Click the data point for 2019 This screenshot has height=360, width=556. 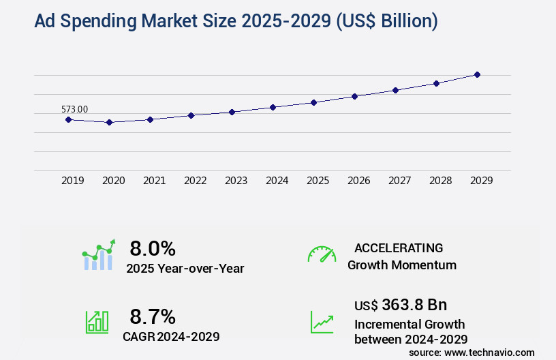point(68,119)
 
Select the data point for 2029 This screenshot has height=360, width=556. point(477,74)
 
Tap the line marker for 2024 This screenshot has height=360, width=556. point(273,107)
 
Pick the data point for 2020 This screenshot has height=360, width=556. point(109,122)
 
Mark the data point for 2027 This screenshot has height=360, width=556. point(395,90)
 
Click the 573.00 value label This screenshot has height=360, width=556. point(74,109)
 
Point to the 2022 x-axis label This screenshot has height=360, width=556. point(195,181)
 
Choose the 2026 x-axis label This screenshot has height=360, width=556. point(358,181)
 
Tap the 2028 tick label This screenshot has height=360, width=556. point(440,181)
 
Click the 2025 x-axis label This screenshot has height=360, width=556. point(318,181)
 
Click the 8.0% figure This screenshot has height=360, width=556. point(153,248)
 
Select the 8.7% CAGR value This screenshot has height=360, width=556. point(153,316)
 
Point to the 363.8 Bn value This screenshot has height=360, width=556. point(414,305)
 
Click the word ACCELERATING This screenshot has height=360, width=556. point(399,248)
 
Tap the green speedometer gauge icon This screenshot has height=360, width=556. point(322,254)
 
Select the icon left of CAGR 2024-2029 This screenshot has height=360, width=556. point(97,322)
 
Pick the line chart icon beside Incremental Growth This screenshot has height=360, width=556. point(322,322)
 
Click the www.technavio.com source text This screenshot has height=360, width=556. point(490,352)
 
